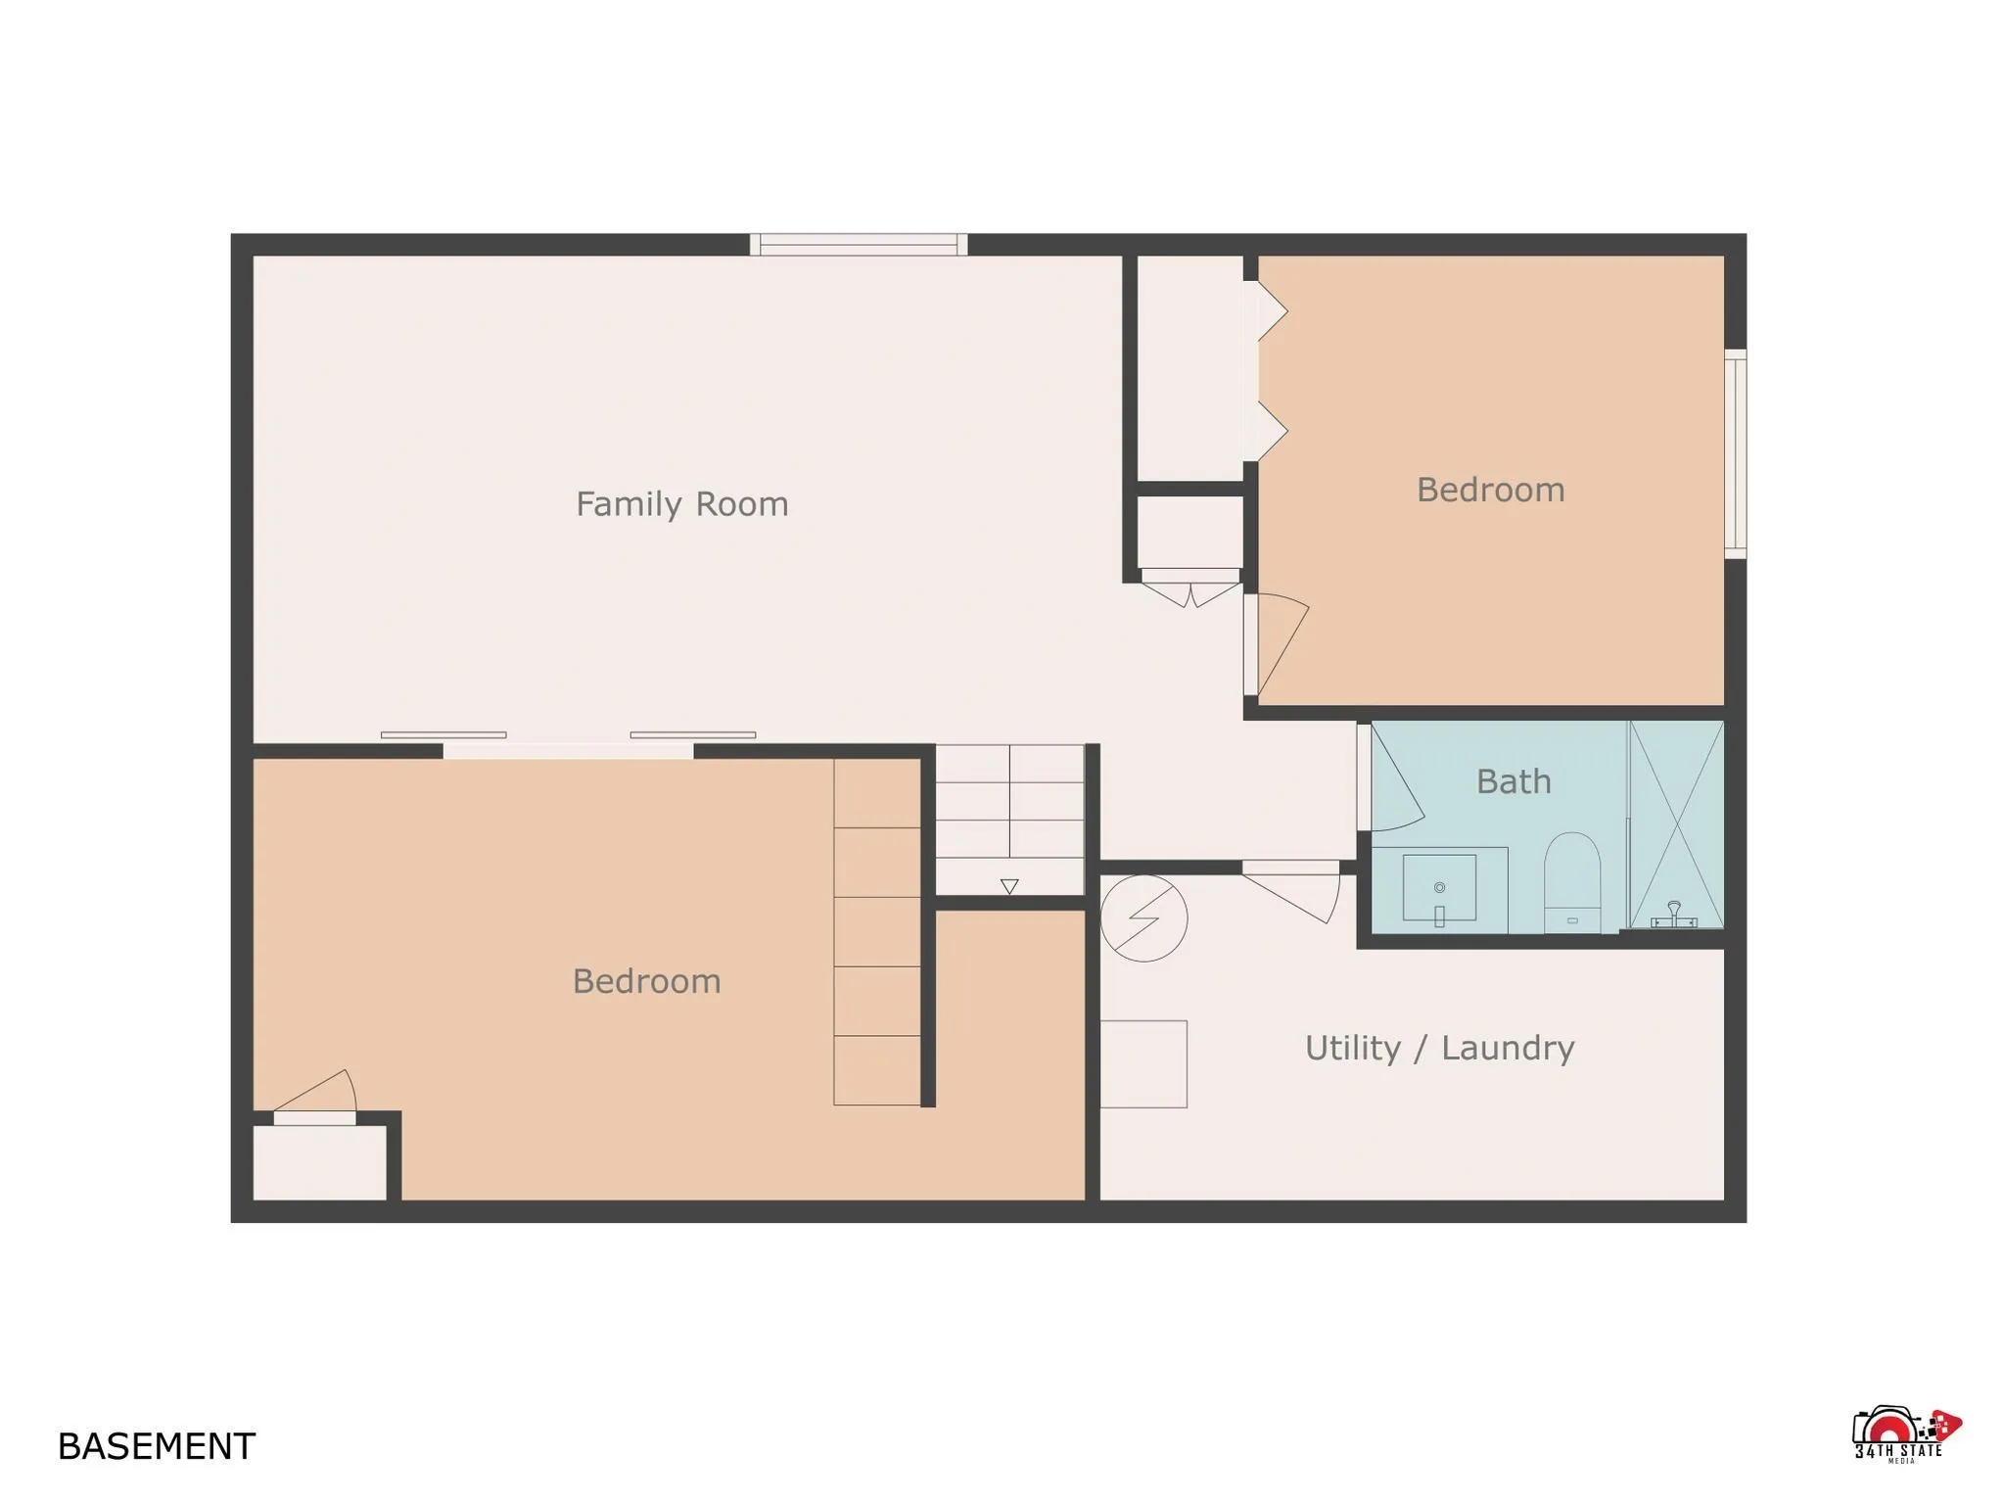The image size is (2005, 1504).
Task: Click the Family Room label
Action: pyautogui.click(x=681, y=504)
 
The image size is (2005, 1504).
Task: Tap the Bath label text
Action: pyautogui.click(x=1514, y=781)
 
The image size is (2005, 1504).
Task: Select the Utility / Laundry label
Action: pyautogui.click(x=1439, y=1048)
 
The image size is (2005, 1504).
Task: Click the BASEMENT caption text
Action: pyautogui.click(x=157, y=1446)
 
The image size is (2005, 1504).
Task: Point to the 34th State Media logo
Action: pyautogui.click(x=1904, y=1435)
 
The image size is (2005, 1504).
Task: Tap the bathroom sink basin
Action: pyautogui.click(x=1439, y=888)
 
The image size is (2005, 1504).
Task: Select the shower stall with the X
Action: pyautogui.click(x=1676, y=824)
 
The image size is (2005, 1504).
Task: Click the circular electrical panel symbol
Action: pyautogui.click(x=1143, y=917)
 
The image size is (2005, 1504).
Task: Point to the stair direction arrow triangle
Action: pyautogui.click(x=1009, y=886)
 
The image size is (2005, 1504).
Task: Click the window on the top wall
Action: pyautogui.click(x=859, y=244)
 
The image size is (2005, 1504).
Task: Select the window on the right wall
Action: pyautogui.click(x=1735, y=454)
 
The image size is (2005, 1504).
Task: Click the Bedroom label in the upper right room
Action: pyautogui.click(x=1490, y=490)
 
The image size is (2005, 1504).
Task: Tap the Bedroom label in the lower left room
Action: pyautogui.click(x=646, y=981)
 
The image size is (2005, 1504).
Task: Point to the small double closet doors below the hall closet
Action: pyautogui.click(x=1190, y=590)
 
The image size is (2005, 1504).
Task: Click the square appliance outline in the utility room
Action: pyautogui.click(x=1143, y=1064)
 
